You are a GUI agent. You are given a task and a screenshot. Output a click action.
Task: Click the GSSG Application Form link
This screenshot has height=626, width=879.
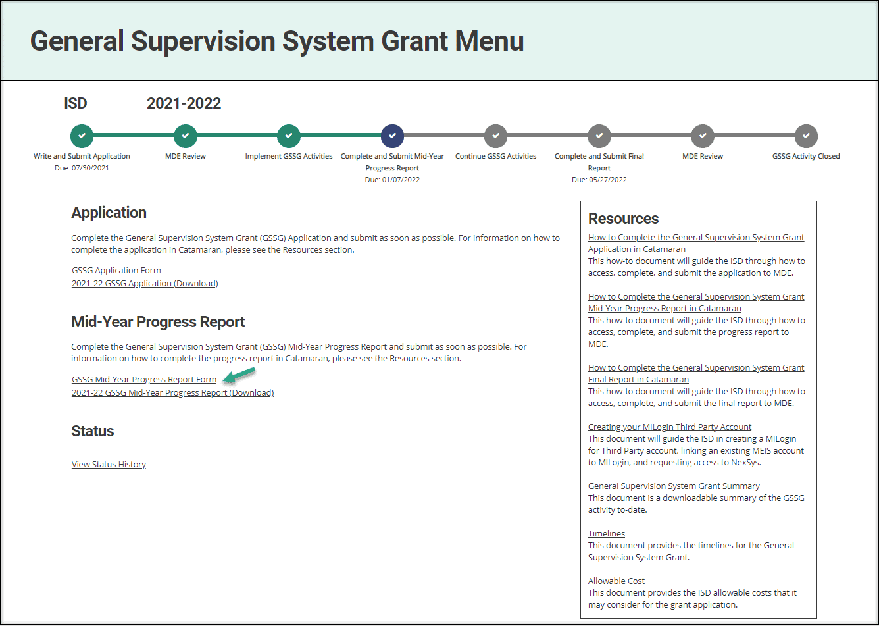(x=116, y=270)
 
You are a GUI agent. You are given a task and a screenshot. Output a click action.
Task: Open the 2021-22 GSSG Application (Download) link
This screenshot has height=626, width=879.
(x=145, y=283)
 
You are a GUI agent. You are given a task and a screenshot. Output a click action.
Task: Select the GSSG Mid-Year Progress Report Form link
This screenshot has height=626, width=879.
(x=144, y=379)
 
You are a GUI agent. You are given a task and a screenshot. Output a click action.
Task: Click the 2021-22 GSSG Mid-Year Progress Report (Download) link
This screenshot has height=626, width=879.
(x=172, y=392)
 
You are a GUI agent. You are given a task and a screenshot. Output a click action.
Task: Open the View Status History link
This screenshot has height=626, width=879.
(x=109, y=464)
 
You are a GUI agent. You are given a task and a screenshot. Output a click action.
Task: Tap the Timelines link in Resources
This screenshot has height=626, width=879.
(x=606, y=533)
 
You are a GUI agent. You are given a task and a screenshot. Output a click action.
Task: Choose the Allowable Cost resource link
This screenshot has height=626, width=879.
(x=616, y=581)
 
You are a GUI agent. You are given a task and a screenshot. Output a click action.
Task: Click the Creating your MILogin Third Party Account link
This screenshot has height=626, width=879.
(x=670, y=427)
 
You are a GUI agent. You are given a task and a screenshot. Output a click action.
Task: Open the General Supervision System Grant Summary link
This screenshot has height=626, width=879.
(x=674, y=486)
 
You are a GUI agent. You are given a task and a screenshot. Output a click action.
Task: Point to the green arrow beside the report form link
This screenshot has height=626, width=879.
(x=239, y=375)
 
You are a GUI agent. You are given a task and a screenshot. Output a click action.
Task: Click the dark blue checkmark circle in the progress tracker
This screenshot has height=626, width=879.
(x=392, y=136)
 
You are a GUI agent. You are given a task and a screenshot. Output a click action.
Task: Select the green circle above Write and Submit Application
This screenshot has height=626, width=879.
(x=82, y=136)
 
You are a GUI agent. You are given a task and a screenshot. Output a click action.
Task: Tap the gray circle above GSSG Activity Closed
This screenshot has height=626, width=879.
(x=806, y=136)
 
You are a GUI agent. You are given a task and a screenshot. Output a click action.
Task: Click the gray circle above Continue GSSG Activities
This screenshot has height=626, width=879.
(x=495, y=136)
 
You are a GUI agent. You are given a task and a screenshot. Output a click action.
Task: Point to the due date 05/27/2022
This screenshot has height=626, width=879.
(x=599, y=180)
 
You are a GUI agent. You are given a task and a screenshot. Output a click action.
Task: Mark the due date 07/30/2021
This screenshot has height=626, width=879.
(x=82, y=168)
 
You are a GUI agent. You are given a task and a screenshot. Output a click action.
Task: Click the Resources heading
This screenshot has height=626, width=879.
(x=623, y=219)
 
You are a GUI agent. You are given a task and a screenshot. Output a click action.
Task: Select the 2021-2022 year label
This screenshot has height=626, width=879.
(x=184, y=103)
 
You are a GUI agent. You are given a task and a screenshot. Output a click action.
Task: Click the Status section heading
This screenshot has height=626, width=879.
(x=93, y=430)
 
